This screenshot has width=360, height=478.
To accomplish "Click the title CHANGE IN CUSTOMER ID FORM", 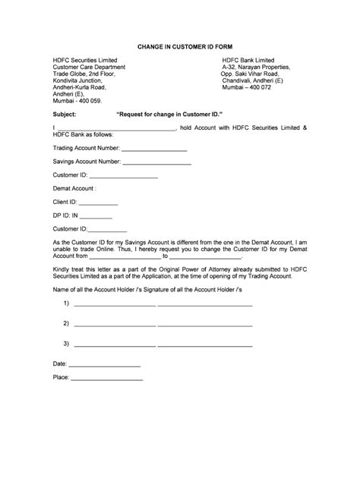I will pyautogui.click(x=180, y=46).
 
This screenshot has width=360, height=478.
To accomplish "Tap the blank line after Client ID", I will pyautogui.click(x=99, y=203).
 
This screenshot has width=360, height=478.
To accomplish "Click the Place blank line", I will pyautogui.click(x=107, y=378).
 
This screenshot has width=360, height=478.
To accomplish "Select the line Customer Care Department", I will pyautogui.click(x=89, y=67).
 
